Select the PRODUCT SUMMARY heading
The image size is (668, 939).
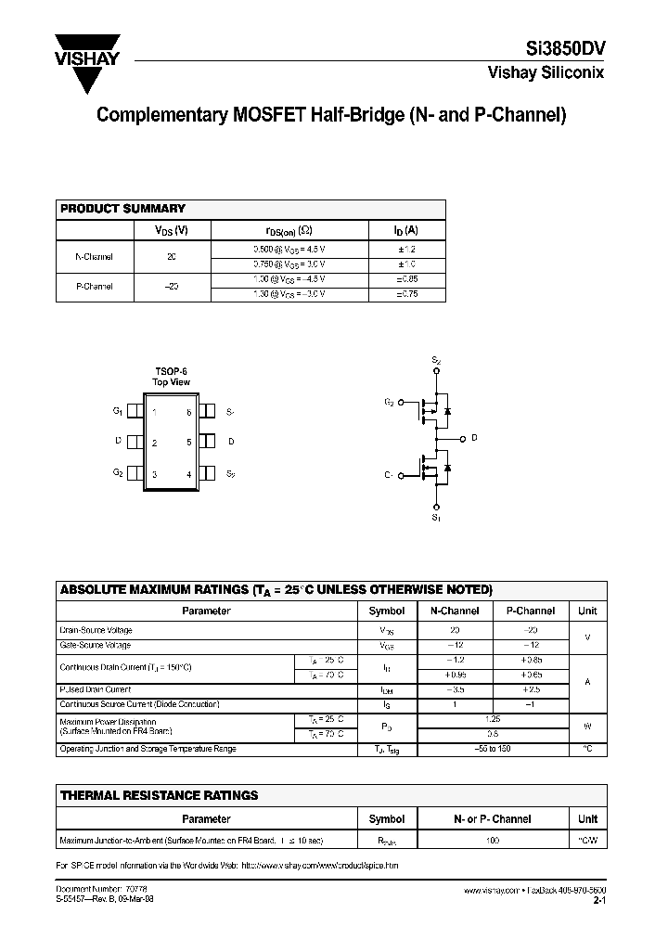click(122, 210)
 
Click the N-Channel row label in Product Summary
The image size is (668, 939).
click(94, 255)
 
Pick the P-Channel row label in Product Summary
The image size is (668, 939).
click(94, 287)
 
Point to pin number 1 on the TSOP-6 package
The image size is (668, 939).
click(154, 411)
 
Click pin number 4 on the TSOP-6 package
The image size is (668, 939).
click(189, 475)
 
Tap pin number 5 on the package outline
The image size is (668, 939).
click(189, 443)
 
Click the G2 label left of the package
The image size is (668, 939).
click(118, 474)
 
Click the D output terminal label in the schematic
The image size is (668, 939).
click(474, 438)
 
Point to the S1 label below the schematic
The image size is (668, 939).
click(436, 519)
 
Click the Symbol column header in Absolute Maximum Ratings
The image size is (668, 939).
click(387, 611)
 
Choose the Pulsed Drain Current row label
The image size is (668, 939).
click(96, 690)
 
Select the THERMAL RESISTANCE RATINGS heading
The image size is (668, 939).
click(159, 795)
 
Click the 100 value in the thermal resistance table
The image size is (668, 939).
click(493, 840)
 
